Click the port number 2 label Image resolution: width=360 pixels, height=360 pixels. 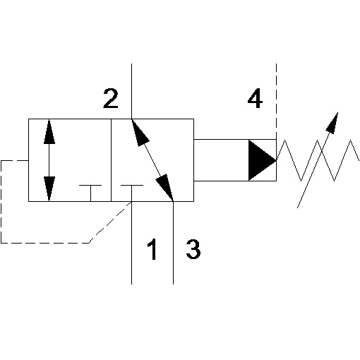pyautogui.click(x=111, y=99)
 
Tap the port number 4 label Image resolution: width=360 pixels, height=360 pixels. pyautogui.click(x=255, y=98)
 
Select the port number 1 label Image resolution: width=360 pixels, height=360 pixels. pyautogui.click(x=152, y=249)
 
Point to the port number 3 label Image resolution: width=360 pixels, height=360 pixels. pyautogui.click(x=193, y=249)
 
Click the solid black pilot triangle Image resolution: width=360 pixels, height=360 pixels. pyautogui.click(x=262, y=160)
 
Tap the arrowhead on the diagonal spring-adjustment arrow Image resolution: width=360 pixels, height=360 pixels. pyautogui.click(x=332, y=124)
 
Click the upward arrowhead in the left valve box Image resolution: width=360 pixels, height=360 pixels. pyautogui.click(x=49, y=131)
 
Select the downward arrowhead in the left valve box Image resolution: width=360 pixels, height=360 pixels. pyautogui.click(x=49, y=189)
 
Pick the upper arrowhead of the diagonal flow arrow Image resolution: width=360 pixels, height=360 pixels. pyautogui.click(x=140, y=133)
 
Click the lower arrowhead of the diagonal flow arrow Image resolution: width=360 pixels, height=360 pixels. pyautogui.click(x=165, y=188)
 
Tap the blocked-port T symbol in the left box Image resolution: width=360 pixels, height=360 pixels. pyautogui.click(x=90, y=193)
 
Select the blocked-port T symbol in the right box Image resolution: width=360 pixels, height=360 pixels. pyautogui.click(x=131, y=193)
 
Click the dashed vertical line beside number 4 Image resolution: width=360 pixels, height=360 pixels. pyautogui.click(x=276, y=101)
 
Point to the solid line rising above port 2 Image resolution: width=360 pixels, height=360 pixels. pyautogui.click(x=131, y=91)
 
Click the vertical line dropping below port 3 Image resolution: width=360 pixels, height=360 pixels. pyautogui.click(x=173, y=243)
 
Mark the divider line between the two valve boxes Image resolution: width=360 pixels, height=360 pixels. pyautogui.click(x=111, y=160)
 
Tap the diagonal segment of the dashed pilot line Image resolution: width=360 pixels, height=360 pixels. pyautogui.click(x=110, y=222)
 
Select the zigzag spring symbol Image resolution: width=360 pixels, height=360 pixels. pyautogui.click(x=318, y=160)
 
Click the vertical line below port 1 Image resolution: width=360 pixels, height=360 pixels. pyautogui.click(x=131, y=243)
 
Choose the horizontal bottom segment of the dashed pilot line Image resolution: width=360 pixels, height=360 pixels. pyautogui.click(x=45, y=243)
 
